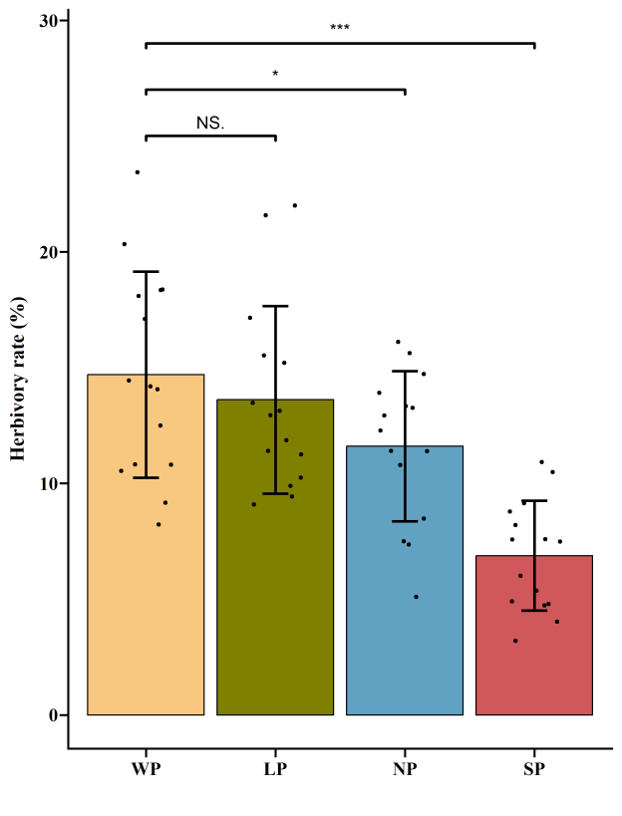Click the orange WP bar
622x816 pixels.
146,598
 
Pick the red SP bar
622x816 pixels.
534,668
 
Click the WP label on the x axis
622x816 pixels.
146,770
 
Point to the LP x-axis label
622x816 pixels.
275,770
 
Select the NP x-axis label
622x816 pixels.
405,770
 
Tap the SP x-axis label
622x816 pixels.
534,770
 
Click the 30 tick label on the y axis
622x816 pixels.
47,21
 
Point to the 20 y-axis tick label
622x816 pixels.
47,252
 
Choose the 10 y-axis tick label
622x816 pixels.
47,483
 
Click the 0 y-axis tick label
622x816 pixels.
52,715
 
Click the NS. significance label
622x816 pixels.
210,123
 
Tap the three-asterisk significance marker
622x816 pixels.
340,28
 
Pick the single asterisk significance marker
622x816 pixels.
275,75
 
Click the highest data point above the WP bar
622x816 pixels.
138,172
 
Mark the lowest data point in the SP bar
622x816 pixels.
515,641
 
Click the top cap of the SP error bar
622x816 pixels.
534,501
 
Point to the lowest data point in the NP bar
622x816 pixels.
416,597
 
